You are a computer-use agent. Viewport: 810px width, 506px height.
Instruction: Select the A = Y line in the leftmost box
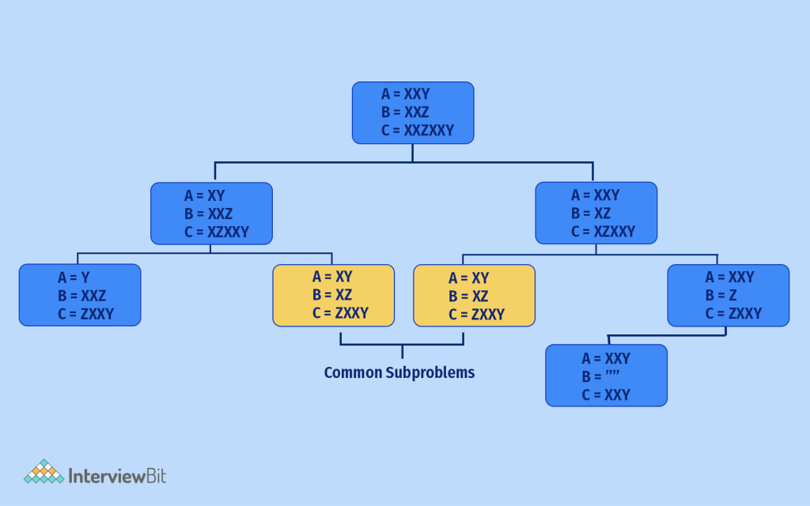(74, 278)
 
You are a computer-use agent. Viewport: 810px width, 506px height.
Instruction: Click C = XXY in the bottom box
(606, 395)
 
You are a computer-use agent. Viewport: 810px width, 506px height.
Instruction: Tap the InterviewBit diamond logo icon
(44, 472)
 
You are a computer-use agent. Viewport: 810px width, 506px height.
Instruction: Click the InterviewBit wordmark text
(118, 475)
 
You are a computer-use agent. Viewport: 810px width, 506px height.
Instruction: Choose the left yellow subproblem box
(333, 295)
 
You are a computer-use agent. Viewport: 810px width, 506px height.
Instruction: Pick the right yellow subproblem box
(474, 296)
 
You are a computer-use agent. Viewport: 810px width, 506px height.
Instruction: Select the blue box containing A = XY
(211, 213)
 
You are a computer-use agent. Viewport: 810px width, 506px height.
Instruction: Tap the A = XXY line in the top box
(405, 94)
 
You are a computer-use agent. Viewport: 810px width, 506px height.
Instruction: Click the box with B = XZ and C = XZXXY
(596, 213)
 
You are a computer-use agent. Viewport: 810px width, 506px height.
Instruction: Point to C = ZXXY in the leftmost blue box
(85, 314)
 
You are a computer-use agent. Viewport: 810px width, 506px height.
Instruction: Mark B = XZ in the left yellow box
(332, 295)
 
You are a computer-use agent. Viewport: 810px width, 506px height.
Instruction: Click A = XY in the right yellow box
(468, 278)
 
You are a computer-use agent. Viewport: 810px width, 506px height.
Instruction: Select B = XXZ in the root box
(405, 112)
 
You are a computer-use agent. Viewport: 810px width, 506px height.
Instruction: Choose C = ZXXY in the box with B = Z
(733, 313)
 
